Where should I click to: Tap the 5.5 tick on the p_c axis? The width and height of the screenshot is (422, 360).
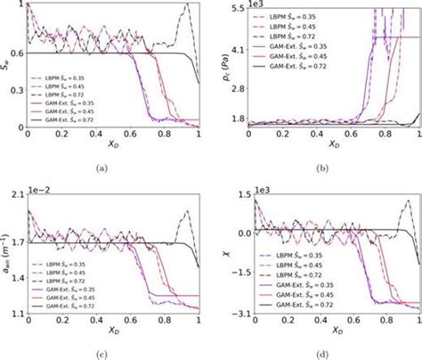pos(233,8)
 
